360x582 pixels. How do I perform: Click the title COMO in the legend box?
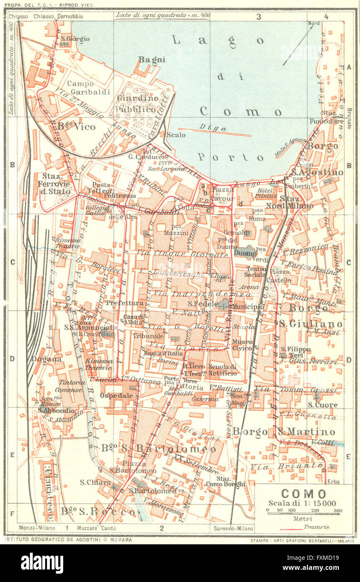[x=303, y=494]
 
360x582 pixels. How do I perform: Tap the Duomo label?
[x=245, y=253]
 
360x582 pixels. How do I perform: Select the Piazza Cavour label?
[x=222, y=193]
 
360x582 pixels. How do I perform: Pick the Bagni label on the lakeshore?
[x=152, y=59]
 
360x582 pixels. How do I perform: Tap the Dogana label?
[x=46, y=359]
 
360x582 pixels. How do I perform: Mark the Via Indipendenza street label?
[x=211, y=294]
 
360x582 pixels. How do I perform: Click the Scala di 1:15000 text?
[x=303, y=503]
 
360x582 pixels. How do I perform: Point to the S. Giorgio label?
[x=75, y=39]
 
